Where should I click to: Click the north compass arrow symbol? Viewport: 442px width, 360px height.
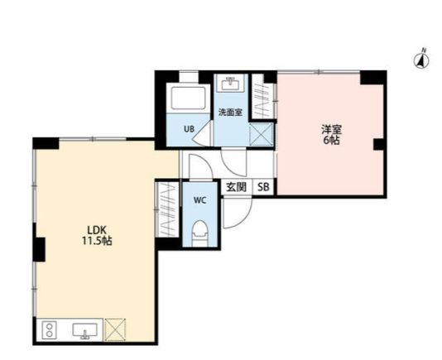point(421,60)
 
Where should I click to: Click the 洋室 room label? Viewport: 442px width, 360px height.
point(332,129)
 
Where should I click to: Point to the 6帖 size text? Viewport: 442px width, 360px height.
point(332,141)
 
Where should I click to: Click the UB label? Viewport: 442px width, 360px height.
point(190,129)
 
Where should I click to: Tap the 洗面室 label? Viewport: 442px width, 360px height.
point(230,113)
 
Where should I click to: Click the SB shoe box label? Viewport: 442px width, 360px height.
point(262,187)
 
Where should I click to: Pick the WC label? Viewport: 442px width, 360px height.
point(200,201)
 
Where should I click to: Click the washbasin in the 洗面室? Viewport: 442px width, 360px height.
point(230,85)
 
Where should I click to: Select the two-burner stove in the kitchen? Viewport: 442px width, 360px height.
point(48,332)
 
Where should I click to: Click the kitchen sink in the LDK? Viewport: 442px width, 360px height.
point(84,332)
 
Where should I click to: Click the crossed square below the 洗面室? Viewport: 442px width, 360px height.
point(262,132)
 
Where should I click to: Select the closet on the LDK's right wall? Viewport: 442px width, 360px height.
point(166,210)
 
